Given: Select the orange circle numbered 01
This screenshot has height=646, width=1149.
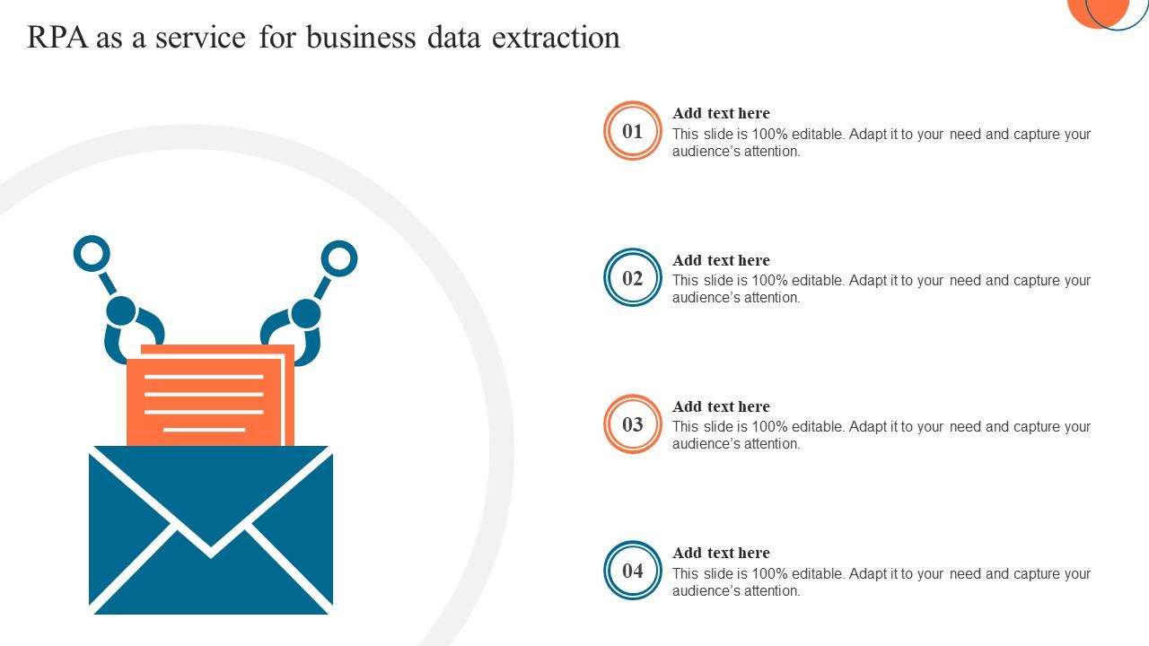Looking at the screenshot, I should point(633,131).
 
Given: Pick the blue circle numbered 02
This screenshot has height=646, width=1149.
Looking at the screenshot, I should point(633,278).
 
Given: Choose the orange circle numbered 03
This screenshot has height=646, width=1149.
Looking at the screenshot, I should point(633,424).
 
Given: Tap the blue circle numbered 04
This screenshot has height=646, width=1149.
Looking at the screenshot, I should point(633,571).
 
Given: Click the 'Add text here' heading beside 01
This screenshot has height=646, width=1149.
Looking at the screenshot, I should point(721,113).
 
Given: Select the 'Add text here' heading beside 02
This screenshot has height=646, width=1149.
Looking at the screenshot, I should point(721,260).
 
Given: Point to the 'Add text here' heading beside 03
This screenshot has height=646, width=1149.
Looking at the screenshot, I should point(721,406).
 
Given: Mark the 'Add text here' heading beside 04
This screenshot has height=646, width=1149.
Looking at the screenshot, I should point(721,553).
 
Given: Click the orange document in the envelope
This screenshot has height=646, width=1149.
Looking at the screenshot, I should point(210,395).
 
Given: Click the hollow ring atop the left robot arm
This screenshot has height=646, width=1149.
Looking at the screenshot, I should point(92,254).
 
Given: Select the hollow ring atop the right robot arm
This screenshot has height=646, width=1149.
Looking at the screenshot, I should point(339,258).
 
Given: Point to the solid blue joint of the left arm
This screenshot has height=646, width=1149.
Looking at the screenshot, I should point(121,311).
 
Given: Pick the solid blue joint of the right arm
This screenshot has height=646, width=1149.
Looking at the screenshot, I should point(305,314).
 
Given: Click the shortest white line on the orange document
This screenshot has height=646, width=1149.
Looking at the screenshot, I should point(204,430).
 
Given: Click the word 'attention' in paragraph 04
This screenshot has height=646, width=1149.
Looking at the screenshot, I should point(772,591).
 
